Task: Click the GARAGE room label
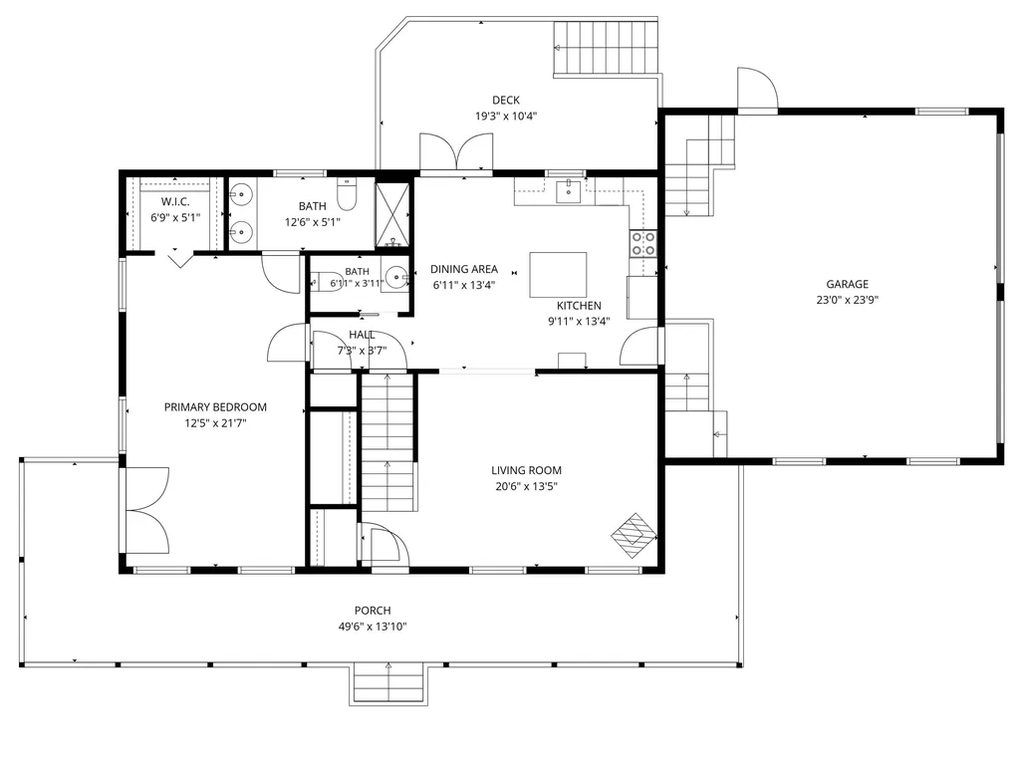(x=847, y=284)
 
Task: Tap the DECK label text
(x=505, y=101)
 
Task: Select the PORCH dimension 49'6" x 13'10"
(x=373, y=627)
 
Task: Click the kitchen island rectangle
(x=558, y=275)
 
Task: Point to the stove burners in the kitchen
(x=642, y=243)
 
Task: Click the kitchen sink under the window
(x=569, y=191)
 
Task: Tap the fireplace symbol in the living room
(x=634, y=535)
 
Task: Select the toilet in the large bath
(x=347, y=194)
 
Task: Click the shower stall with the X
(x=392, y=215)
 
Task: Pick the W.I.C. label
(x=175, y=201)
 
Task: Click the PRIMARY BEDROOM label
(x=215, y=407)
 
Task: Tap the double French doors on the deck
(x=456, y=152)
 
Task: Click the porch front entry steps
(x=389, y=683)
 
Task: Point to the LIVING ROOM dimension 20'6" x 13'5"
(x=526, y=486)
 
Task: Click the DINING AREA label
(x=464, y=269)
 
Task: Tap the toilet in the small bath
(x=327, y=281)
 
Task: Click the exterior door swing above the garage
(x=758, y=89)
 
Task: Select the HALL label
(x=362, y=335)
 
